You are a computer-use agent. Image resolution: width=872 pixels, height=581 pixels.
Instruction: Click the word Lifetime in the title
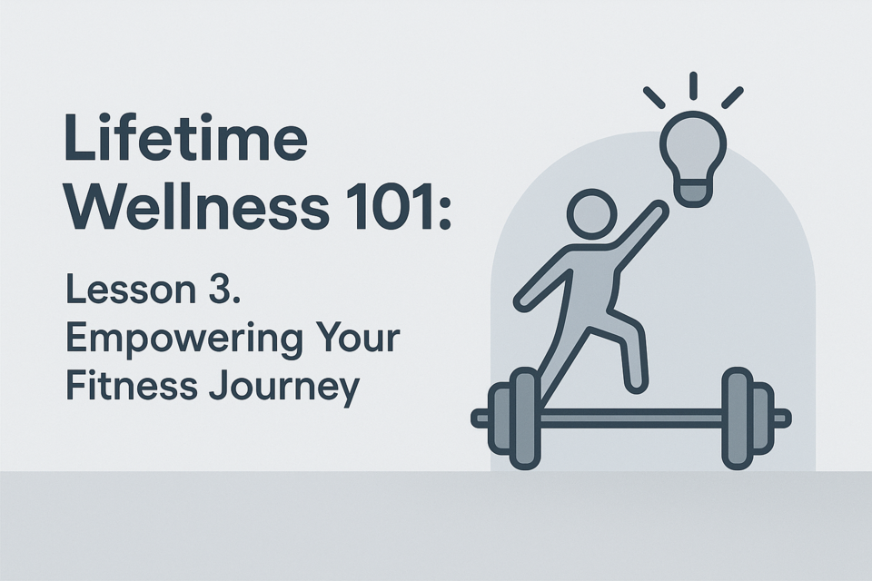pos(186,137)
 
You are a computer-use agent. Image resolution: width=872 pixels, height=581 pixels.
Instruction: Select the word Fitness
pos(132,385)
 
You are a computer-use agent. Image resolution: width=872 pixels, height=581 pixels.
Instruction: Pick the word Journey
pos(285,388)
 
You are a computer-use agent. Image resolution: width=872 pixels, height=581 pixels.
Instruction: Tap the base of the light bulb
pos(693,193)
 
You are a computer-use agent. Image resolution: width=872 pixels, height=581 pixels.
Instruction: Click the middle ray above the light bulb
pos(693,85)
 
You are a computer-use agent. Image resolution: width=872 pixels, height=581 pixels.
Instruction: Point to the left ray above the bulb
pos(654,97)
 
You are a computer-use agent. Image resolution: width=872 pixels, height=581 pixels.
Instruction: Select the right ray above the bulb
pos(732,97)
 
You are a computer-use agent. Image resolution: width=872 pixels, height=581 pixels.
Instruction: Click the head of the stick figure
pos(592,214)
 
